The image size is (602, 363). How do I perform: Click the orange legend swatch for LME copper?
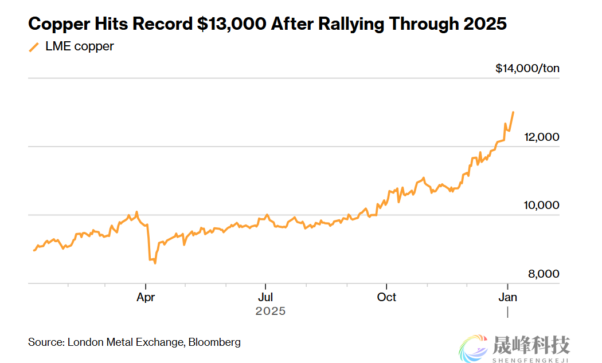(x=34, y=47)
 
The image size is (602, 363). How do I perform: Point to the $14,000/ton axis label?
(x=527, y=69)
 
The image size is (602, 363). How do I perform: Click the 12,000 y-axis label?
(x=541, y=137)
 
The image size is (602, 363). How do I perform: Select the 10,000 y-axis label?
(x=541, y=206)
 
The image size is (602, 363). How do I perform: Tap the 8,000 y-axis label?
(x=544, y=274)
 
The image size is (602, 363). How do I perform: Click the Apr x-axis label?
(x=146, y=297)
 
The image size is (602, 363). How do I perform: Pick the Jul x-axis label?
(x=265, y=297)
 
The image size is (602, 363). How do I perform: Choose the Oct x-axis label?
(x=386, y=297)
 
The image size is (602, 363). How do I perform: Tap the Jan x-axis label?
(x=507, y=297)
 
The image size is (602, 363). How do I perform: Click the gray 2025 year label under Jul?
(x=270, y=311)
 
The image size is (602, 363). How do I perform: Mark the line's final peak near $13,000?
(x=513, y=112)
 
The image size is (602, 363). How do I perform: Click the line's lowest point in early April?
(x=155, y=263)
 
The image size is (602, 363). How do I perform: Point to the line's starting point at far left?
(x=34, y=250)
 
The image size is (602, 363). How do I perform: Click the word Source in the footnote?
(x=45, y=342)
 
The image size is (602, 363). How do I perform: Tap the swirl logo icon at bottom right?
(x=474, y=348)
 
